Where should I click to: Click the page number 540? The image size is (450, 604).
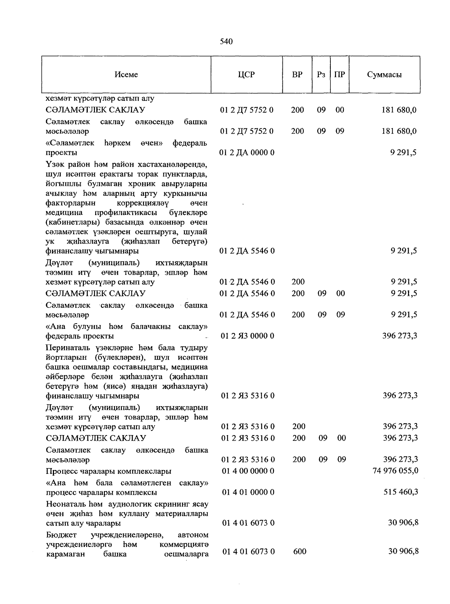[226, 41]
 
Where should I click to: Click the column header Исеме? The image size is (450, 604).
[126, 74]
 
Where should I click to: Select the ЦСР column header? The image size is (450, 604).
[246, 74]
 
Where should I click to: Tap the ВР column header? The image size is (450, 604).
[297, 74]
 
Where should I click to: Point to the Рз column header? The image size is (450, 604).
[321, 74]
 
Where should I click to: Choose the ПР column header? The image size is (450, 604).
[339, 74]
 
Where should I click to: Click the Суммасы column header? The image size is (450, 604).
[384, 74]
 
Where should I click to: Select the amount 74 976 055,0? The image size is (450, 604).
[396, 471]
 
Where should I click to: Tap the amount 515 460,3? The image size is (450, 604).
[401, 492]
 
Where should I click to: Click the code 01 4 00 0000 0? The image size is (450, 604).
[248, 471]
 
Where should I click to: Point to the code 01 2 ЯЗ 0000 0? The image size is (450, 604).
[247, 336]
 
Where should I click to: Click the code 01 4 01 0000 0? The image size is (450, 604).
[248, 492]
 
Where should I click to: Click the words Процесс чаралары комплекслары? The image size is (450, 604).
[109, 471]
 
